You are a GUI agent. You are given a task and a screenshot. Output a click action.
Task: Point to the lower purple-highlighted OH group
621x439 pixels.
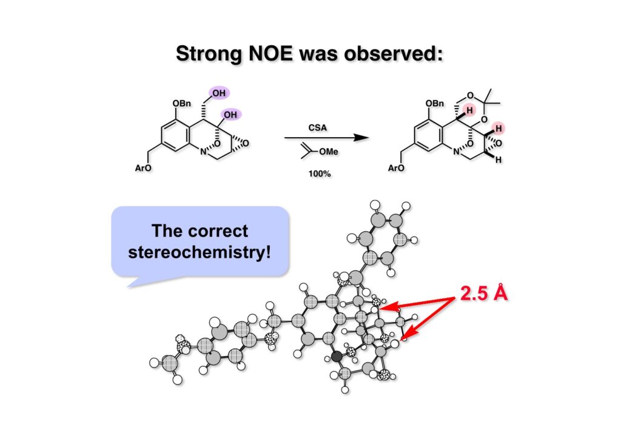click(231, 115)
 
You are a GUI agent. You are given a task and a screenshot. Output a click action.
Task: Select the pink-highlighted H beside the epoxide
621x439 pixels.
click(498, 129)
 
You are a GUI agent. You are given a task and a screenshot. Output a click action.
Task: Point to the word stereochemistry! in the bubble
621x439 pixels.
click(200, 251)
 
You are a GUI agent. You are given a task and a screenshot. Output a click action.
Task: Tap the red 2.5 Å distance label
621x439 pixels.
click(483, 294)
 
